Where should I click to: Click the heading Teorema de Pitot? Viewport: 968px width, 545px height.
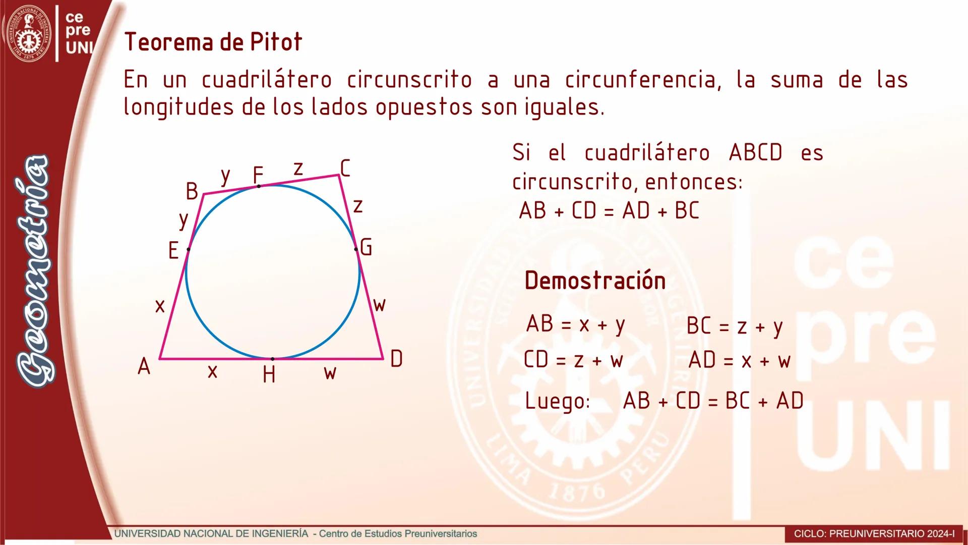click(x=213, y=42)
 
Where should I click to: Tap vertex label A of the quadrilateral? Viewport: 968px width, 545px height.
click(x=144, y=366)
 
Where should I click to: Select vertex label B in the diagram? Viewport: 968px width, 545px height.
click(x=192, y=191)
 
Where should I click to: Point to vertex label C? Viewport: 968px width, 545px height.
click(x=345, y=168)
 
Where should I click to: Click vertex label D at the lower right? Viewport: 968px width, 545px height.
click(x=396, y=359)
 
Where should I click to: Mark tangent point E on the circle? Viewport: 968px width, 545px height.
click(x=189, y=249)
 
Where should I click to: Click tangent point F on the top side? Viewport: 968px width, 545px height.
click(x=259, y=186)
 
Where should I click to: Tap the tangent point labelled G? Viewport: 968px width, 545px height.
click(x=356, y=249)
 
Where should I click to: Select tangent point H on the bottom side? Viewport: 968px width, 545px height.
click(x=273, y=359)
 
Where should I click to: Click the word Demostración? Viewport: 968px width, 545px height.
click(x=595, y=281)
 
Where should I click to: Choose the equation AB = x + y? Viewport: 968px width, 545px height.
click(x=576, y=324)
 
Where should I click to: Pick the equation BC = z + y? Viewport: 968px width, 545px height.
click(x=735, y=326)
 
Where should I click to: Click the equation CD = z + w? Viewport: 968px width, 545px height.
click(x=574, y=360)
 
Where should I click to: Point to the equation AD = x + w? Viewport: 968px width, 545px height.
click(x=740, y=360)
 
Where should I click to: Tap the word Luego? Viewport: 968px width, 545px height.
click(x=557, y=401)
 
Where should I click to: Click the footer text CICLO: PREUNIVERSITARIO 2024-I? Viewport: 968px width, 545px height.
click(x=874, y=533)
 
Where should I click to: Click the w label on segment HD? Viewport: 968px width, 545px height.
click(x=330, y=373)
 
